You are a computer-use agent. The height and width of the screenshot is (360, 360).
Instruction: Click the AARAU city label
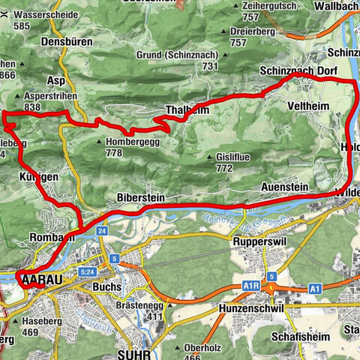(41, 280)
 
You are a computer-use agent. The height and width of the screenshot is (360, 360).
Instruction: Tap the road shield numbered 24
(102, 231)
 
